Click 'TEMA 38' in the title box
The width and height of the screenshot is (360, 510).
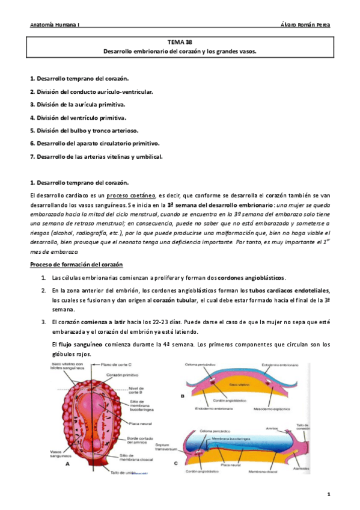(x=180, y=42)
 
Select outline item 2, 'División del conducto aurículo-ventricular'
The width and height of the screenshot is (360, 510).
(x=91, y=91)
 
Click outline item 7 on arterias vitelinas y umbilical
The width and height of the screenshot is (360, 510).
(x=96, y=156)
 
